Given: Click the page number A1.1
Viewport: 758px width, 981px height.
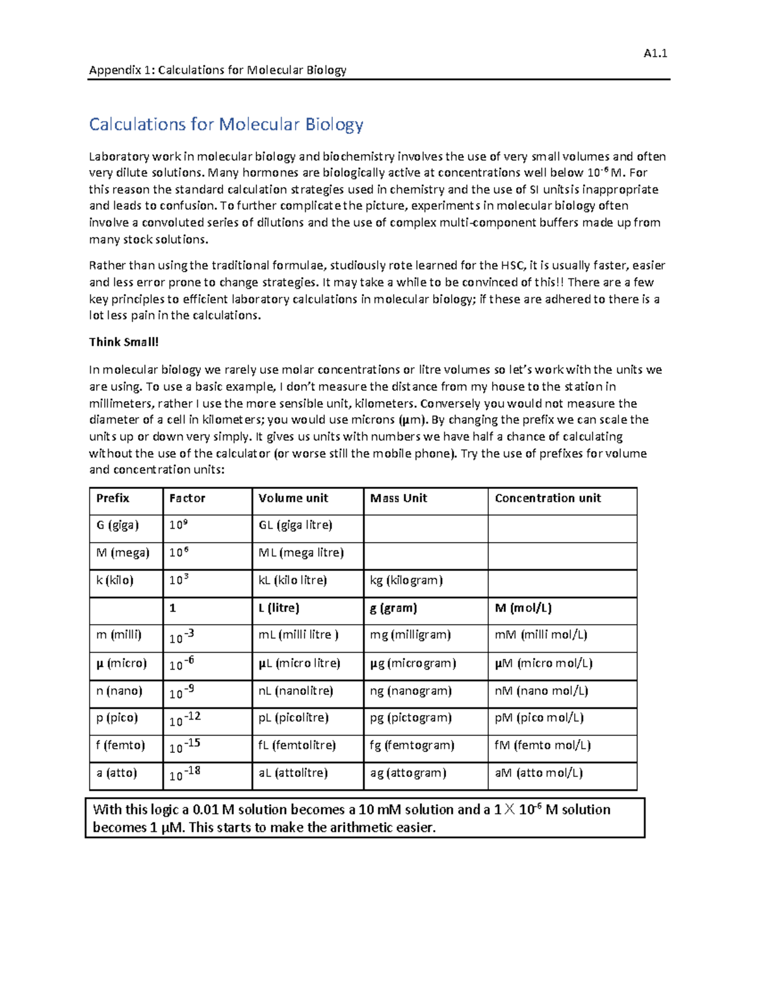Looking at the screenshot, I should [655, 54].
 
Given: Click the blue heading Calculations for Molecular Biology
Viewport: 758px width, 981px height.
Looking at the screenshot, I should [226, 124].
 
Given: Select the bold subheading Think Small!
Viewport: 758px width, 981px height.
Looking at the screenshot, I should [124, 342].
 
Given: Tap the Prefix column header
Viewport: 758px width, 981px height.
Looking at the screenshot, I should [112, 498].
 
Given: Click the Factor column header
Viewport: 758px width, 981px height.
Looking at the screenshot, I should [187, 498].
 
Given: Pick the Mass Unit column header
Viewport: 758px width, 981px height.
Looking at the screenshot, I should [398, 498].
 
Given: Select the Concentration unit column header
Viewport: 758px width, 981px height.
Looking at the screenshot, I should [547, 498].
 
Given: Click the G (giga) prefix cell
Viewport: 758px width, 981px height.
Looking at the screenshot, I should [117, 526].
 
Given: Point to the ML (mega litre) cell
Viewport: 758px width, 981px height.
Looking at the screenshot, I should [301, 553].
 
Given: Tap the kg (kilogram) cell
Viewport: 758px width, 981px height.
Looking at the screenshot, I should [406, 581].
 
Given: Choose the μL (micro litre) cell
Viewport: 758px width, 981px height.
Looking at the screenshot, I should [299, 663].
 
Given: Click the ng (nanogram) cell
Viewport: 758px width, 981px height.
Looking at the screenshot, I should [410, 691].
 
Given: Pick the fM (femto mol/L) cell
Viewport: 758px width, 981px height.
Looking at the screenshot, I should [542, 745].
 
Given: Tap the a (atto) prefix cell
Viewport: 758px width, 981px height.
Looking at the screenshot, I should [116, 773].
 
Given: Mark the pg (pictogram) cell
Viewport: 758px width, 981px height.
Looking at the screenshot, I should [410, 718].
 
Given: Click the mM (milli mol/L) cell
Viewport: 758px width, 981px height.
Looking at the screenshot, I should [540, 635].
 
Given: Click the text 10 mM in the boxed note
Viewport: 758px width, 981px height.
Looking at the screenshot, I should [380, 810].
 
